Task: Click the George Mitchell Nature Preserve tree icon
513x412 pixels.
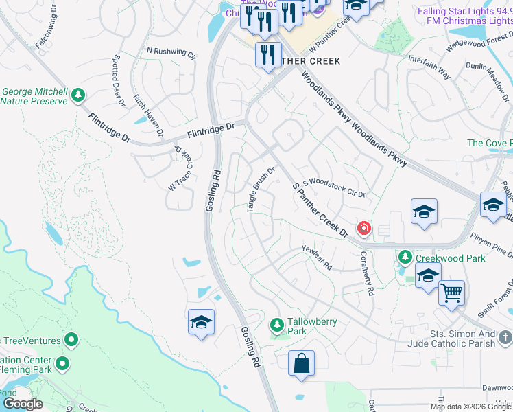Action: point(79,93)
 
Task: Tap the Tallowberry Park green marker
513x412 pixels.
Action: point(277,323)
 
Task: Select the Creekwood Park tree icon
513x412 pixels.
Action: point(405,257)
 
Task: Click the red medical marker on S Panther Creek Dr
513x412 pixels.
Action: point(363,227)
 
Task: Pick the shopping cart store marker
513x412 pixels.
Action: point(451,293)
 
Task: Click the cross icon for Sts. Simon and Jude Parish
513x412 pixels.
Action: point(505,337)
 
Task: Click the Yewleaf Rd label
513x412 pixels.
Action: point(317,257)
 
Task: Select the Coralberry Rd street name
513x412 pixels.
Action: point(366,273)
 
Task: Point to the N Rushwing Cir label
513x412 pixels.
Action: point(171,53)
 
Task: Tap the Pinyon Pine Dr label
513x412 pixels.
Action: point(490,246)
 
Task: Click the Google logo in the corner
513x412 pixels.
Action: point(23,404)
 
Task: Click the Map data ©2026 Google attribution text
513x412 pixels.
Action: point(470,407)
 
